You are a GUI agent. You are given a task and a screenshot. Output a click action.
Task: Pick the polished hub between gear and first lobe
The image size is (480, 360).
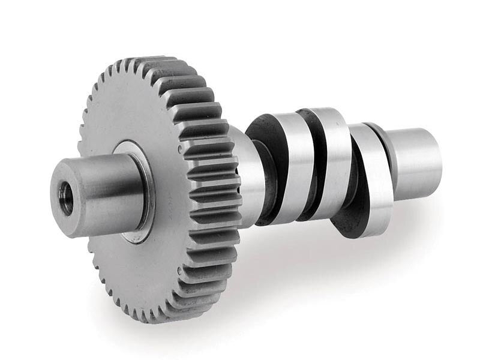pos(249,174)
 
